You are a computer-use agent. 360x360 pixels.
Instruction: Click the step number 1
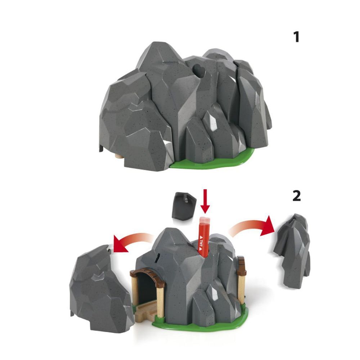click(297, 37)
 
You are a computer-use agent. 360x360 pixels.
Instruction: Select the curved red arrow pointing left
click(131, 239)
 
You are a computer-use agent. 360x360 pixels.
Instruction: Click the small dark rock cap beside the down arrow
click(185, 206)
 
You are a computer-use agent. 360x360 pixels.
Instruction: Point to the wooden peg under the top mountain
click(119, 156)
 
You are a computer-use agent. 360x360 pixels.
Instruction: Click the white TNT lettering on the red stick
click(201, 242)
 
